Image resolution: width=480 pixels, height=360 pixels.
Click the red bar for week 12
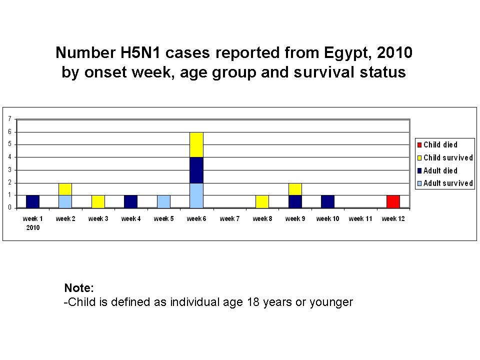point(393,201)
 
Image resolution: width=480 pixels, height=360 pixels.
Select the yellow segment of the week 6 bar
point(196,145)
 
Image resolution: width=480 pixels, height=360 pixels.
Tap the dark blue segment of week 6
point(196,170)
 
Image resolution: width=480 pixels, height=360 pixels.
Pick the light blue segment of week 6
point(196,195)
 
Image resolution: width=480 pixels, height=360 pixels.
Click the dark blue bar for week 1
point(33,201)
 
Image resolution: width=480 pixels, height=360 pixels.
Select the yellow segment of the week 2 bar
point(65,189)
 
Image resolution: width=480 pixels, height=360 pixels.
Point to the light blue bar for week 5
point(164,201)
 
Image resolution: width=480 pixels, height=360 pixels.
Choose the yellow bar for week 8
point(262,201)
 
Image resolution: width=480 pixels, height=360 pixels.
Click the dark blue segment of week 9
point(295,201)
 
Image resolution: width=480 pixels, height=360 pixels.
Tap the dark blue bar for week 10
point(327,201)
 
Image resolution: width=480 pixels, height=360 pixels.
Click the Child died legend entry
point(437,145)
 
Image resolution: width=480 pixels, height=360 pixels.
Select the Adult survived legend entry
point(445,183)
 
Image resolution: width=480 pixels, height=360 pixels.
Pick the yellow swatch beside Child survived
point(419,158)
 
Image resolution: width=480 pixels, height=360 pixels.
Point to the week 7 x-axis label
point(229,218)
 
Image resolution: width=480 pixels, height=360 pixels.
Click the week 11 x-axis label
point(360,218)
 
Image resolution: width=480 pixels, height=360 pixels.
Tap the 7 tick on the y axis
point(10,119)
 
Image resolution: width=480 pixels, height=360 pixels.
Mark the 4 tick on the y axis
point(10,157)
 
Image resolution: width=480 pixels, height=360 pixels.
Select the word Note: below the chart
point(79,288)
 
